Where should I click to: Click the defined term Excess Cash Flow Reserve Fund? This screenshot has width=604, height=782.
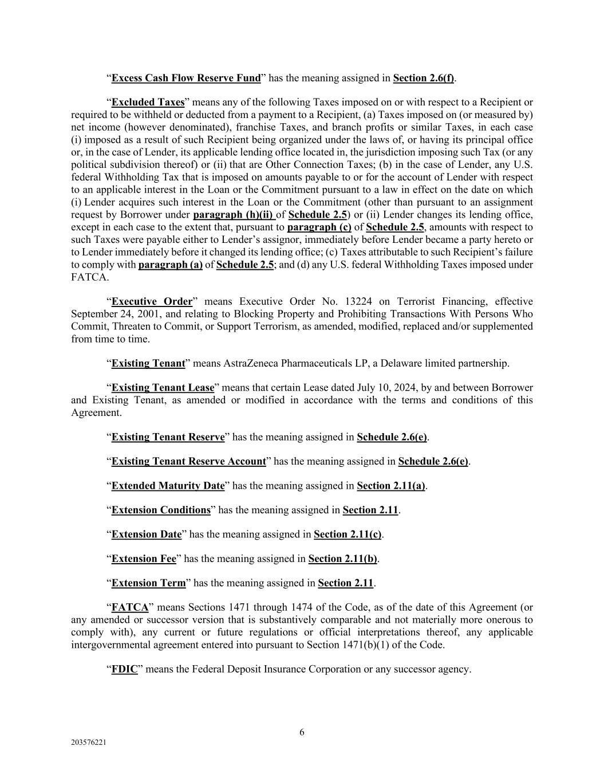click(x=185, y=78)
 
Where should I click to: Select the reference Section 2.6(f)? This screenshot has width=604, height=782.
click(x=424, y=78)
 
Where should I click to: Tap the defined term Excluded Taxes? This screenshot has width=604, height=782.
click(x=148, y=103)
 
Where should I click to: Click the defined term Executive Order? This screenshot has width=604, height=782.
click(x=152, y=302)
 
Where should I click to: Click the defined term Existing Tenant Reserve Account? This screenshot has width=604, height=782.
click(x=188, y=462)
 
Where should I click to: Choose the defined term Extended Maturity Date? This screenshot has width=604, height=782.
click(x=168, y=486)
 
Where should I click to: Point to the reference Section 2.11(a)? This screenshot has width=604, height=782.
click(x=391, y=486)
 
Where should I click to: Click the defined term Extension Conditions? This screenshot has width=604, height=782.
click(x=161, y=510)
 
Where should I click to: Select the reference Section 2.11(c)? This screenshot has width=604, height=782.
click(x=348, y=535)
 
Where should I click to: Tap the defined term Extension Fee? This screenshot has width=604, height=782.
click(x=144, y=559)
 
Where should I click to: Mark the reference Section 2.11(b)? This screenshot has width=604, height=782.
click(x=342, y=559)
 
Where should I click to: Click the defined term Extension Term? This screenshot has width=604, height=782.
click(x=148, y=583)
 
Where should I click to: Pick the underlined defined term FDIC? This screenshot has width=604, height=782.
click(x=124, y=669)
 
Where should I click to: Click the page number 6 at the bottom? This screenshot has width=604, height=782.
click(x=302, y=732)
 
